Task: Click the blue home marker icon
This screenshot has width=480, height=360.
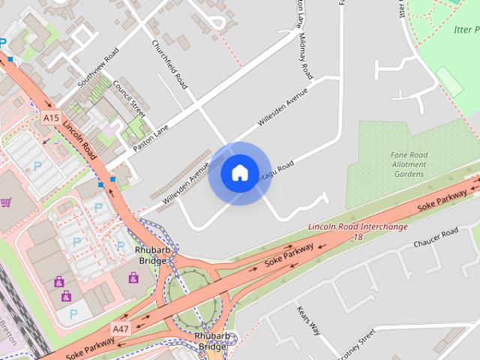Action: coord(239,173)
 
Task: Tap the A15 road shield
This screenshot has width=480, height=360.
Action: coord(50,118)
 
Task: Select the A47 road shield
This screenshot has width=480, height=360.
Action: coord(120,328)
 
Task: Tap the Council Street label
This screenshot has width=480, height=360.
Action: coord(128,97)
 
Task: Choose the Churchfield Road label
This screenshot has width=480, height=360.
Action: coord(169,63)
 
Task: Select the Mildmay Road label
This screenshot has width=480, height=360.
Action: coord(305,56)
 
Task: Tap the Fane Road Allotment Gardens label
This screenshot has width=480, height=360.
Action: coord(409,164)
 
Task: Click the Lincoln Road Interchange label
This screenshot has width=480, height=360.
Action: coord(358,226)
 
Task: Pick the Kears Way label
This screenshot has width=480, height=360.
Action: coord(309,320)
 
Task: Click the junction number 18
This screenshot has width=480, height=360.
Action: coord(358,237)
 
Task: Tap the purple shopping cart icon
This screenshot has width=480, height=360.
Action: coord(7,202)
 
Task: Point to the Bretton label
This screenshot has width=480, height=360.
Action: coord(7,330)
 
